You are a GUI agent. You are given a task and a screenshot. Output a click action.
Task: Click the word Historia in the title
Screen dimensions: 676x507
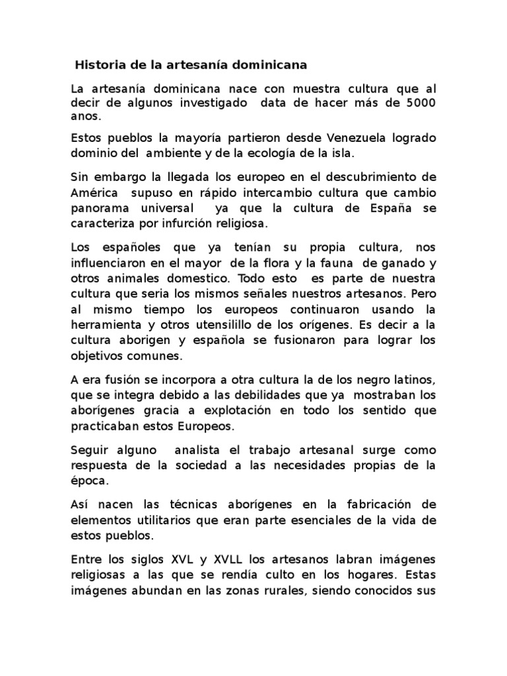[98, 65]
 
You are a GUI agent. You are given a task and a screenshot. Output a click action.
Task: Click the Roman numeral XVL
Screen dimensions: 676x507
[166, 559]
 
